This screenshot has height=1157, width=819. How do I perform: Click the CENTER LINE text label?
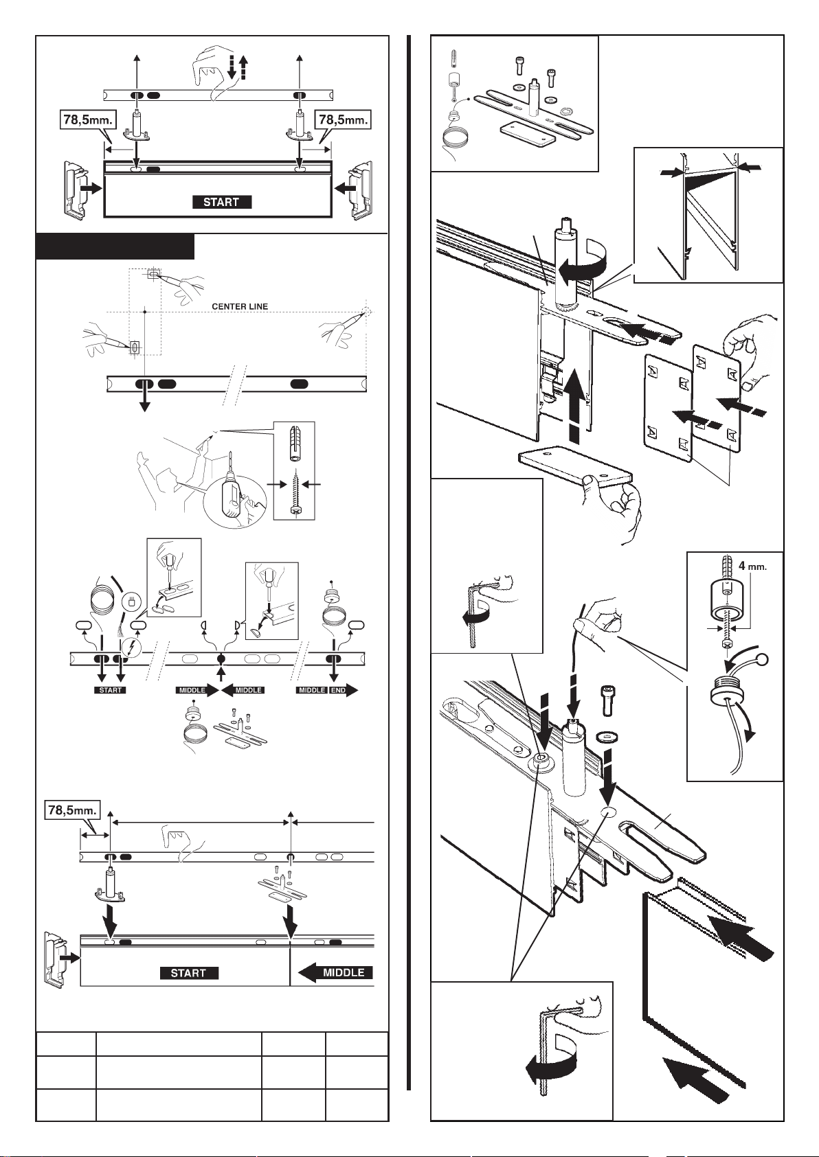coord(240,306)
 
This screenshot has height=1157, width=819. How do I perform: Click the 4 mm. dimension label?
coord(752,566)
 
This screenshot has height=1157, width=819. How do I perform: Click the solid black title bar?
coord(115,247)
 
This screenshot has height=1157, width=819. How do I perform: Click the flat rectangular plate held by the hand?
coord(574,465)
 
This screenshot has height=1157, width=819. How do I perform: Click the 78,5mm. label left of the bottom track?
coord(72,810)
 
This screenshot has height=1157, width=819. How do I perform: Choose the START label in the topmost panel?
coord(222,202)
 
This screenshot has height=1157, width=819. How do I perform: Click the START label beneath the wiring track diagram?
coord(110,690)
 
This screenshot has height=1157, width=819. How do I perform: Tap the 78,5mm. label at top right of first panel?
coord(344,120)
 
